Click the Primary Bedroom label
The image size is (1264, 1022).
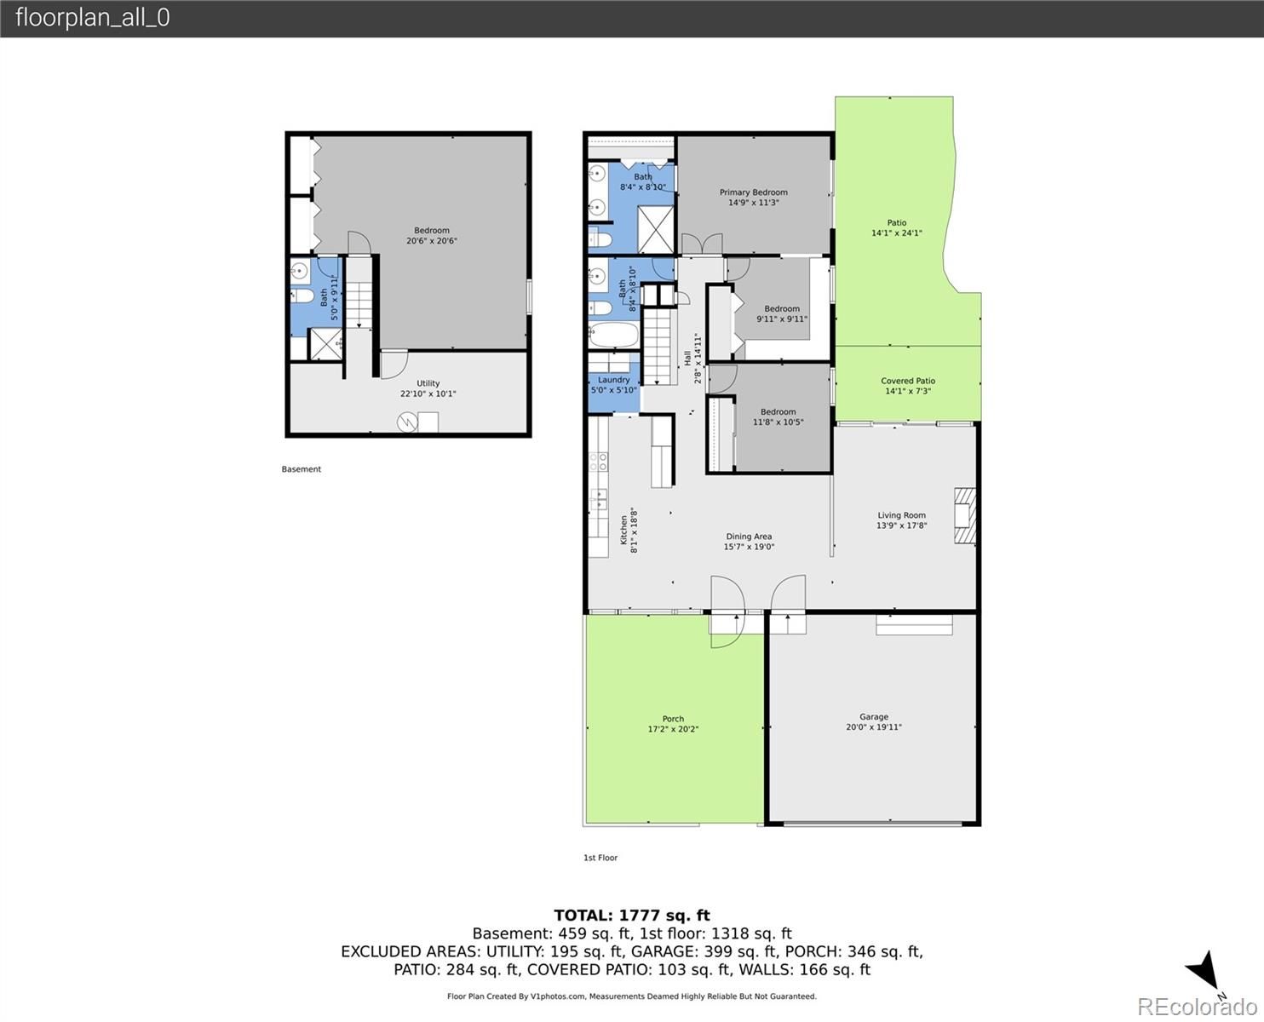[x=754, y=192]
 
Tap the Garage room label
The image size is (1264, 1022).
[x=874, y=716]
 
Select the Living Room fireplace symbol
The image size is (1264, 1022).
[x=964, y=515]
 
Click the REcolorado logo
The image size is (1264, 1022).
[x=1198, y=1006]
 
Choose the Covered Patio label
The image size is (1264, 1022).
[x=908, y=381]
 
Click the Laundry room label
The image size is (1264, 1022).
[x=613, y=380]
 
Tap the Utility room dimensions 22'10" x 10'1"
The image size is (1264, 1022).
[x=428, y=393]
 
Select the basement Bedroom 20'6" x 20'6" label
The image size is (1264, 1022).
[x=432, y=235]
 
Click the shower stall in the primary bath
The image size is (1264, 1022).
[x=655, y=229]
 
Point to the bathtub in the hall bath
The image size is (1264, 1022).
[x=613, y=335]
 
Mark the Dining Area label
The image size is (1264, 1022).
[x=749, y=537]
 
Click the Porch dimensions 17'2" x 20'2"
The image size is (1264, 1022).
[x=673, y=729]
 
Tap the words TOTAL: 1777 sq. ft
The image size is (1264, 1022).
[x=632, y=916]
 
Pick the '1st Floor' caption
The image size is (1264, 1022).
[x=600, y=858]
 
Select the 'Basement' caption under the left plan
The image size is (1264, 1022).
[x=301, y=469]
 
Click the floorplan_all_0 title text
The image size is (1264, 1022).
[x=93, y=17]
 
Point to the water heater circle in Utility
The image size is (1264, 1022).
[x=407, y=422]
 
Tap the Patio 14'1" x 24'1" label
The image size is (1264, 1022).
[x=897, y=227]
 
